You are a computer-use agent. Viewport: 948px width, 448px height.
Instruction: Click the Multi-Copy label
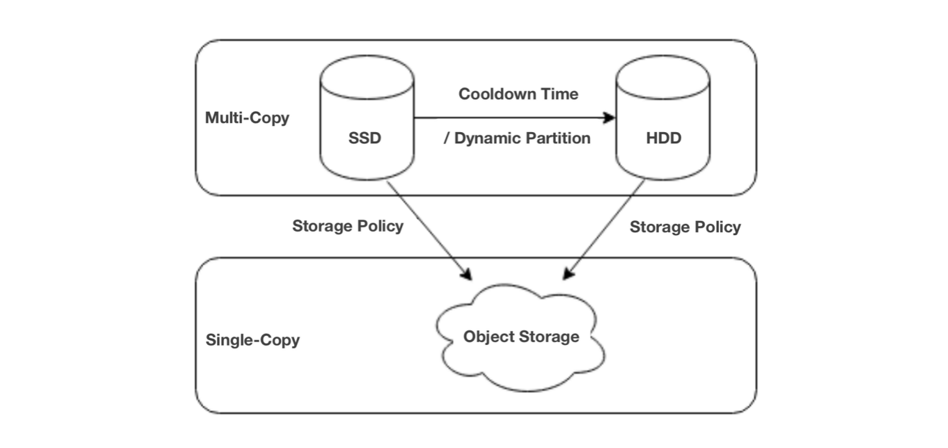(247, 117)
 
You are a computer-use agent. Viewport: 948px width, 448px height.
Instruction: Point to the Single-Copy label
(252, 340)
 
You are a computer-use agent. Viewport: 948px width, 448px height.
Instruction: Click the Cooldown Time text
(518, 94)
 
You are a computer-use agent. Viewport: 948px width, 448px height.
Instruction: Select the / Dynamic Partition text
(517, 138)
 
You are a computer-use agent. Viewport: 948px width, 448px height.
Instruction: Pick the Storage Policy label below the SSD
(347, 226)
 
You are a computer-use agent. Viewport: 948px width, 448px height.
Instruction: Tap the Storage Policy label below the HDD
(685, 227)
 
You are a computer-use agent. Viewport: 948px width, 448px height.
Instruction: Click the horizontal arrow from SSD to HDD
(509, 117)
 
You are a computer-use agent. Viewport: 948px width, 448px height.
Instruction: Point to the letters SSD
(365, 138)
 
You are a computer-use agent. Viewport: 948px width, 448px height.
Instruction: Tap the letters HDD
(663, 138)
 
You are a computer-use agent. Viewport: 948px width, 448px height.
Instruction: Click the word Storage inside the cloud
(549, 336)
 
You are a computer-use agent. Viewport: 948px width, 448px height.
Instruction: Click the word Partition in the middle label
(559, 138)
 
